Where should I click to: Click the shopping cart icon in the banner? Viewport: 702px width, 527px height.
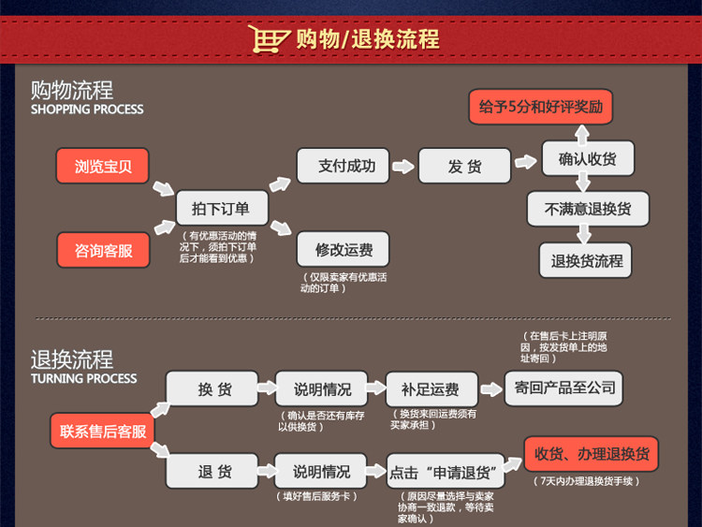[267, 39]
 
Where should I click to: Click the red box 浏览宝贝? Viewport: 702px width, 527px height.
[103, 167]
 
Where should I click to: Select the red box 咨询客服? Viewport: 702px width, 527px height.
[103, 250]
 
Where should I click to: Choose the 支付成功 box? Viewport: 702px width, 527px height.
[343, 166]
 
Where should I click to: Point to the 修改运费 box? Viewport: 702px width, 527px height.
[343, 249]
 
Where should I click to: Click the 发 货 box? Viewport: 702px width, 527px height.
[464, 166]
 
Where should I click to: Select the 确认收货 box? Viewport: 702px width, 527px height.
[588, 158]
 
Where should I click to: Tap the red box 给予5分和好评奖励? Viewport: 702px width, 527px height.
[541, 107]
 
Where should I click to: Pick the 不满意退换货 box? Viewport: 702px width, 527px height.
[588, 209]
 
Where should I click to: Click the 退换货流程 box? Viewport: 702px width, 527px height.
[588, 260]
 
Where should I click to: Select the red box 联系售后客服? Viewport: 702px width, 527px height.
[103, 432]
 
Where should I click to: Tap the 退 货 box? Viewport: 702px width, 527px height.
[213, 471]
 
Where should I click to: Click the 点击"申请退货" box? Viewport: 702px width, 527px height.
[446, 471]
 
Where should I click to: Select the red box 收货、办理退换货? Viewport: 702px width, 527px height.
[591, 455]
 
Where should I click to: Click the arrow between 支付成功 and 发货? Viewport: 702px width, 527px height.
[403, 167]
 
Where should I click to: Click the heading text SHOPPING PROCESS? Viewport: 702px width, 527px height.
[87, 110]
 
